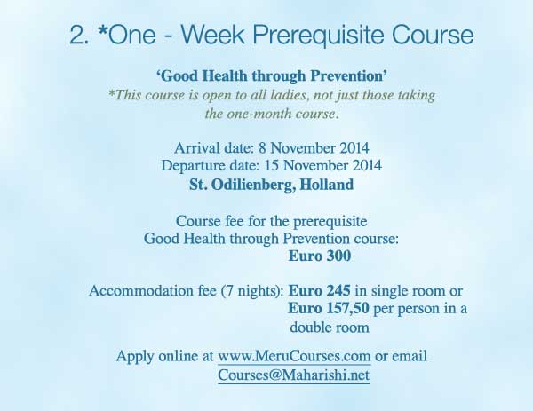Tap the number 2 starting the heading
pos(76,35)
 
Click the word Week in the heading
pos(212,35)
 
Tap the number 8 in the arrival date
pos(262,148)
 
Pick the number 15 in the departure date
pos(272,166)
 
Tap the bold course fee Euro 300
pos(320,257)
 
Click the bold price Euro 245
pos(319,291)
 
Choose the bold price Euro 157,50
pos(329,309)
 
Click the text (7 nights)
pos(252,292)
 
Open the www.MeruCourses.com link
pos(294,357)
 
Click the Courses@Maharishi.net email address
pos(294,375)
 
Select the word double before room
pos(311,328)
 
